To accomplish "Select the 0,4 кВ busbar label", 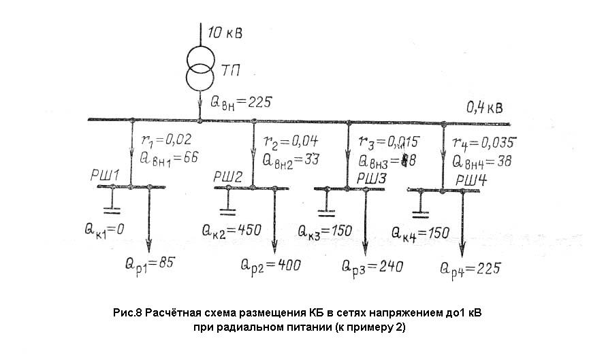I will point(487,108).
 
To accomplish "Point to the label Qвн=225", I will point(242,102).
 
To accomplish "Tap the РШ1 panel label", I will point(106,176).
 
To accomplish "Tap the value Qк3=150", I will point(325,231).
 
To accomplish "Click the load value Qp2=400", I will point(270,264).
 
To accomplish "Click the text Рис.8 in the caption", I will point(127,314).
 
